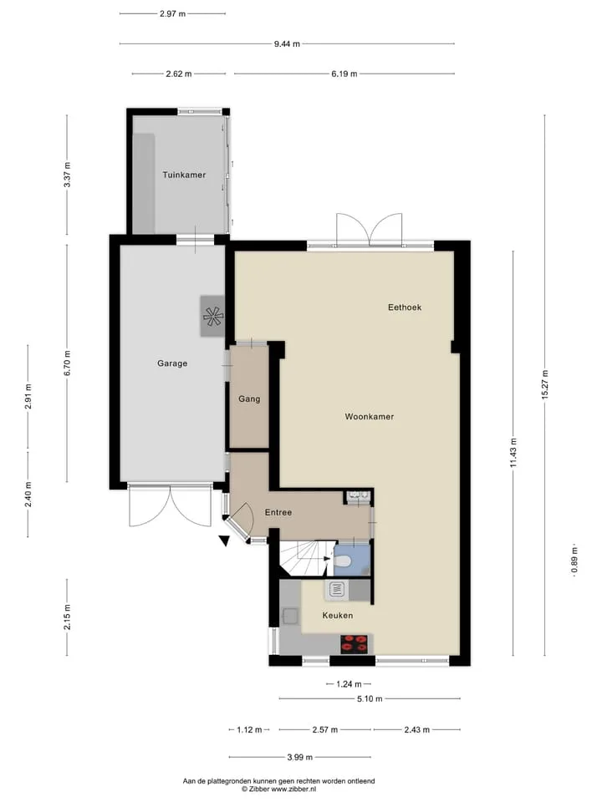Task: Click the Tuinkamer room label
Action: click(x=184, y=175)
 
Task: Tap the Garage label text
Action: click(x=172, y=363)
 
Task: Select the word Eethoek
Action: click(x=405, y=307)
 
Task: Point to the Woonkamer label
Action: click(x=369, y=417)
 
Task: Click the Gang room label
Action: click(x=249, y=399)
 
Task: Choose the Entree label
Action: click(x=278, y=512)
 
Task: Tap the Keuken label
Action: click(x=337, y=616)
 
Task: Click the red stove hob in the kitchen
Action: click(x=355, y=644)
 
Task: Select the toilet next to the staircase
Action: click(x=343, y=561)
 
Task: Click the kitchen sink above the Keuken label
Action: click(x=336, y=591)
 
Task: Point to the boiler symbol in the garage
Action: click(x=212, y=316)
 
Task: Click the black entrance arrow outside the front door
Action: click(x=225, y=541)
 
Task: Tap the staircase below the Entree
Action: click(x=305, y=559)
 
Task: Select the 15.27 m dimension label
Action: click(x=544, y=384)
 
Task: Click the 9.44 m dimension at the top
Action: click(x=287, y=44)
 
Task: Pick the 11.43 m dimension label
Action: click(x=513, y=453)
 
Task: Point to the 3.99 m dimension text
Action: click(x=299, y=758)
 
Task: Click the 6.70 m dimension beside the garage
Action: click(x=67, y=363)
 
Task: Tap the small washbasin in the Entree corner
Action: click(x=358, y=495)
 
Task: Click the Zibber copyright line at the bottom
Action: click(x=279, y=789)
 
